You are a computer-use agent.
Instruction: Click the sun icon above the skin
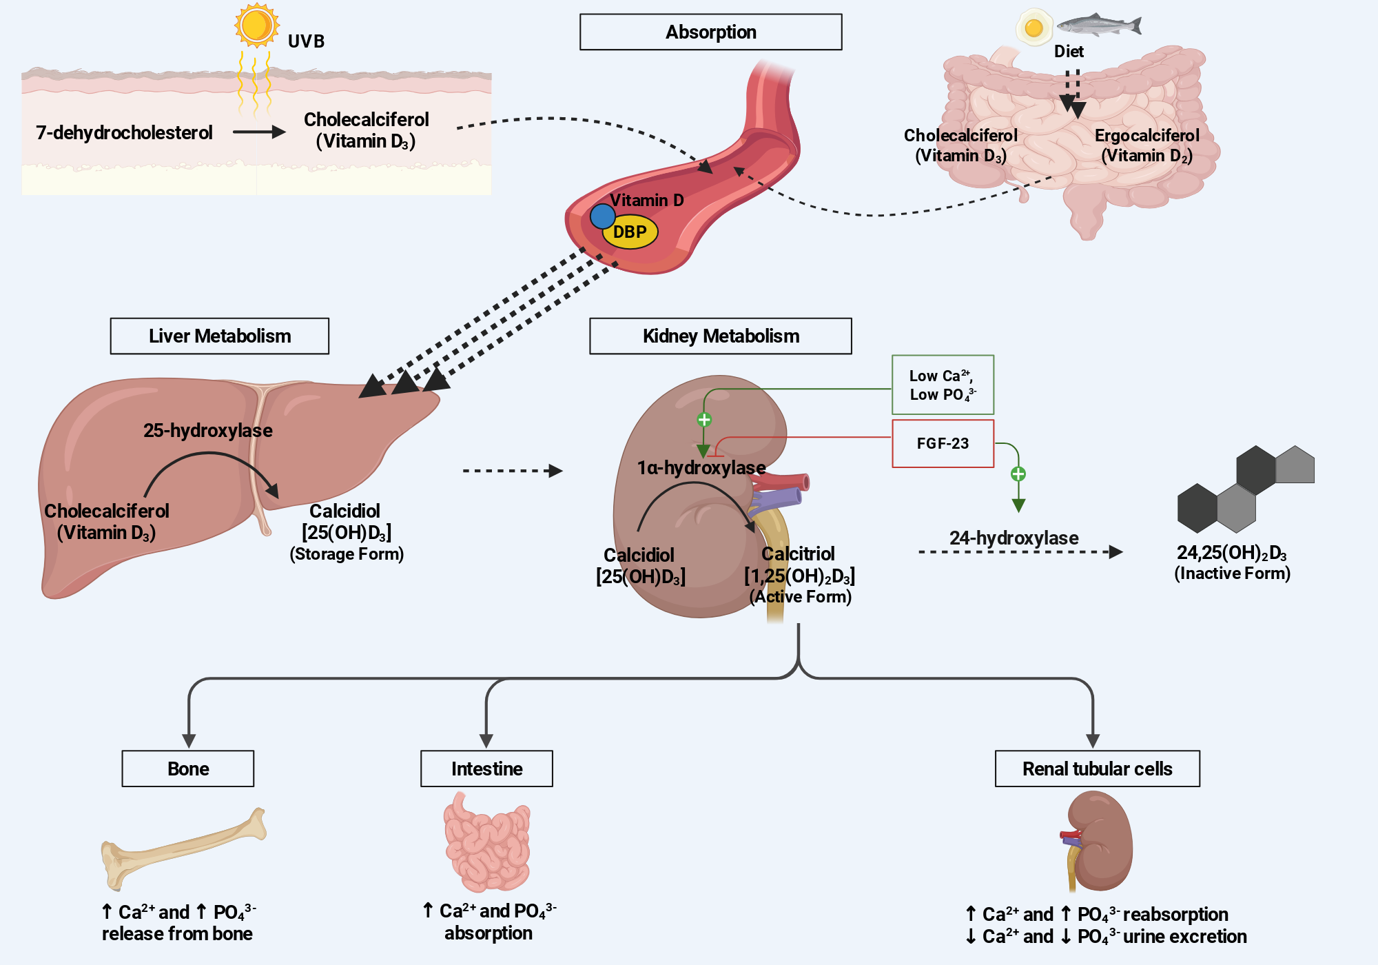click(x=256, y=26)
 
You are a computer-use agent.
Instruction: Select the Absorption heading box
click(x=710, y=32)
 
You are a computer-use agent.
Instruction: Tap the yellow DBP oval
click(x=630, y=232)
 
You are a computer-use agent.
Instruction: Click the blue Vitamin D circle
click(x=602, y=216)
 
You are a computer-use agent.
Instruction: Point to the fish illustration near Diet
click(x=1098, y=25)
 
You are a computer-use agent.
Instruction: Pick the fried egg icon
click(x=1033, y=27)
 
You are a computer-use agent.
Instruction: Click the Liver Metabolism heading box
click(x=220, y=336)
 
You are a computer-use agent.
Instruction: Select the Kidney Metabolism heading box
click(x=721, y=336)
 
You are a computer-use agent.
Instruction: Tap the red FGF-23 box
click(x=943, y=443)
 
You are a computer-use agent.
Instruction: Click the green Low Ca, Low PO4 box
click(x=943, y=385)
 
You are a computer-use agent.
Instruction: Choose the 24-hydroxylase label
click(x=1014, y=538)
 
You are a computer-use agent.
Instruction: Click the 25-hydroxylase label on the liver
click(x=208, y=430)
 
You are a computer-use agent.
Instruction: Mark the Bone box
click(x=188, y=769)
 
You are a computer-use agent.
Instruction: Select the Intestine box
click(x=486, y=769)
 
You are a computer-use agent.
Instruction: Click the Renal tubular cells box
click(x=1098, y=769)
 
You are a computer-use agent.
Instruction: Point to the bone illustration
click(x=183, y=849)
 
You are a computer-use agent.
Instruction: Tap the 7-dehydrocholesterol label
click(x=124, y=132)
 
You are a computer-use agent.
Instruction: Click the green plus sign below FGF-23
click(x=1018, y=474)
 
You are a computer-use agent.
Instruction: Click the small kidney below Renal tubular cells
click(x=1097, y=841)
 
